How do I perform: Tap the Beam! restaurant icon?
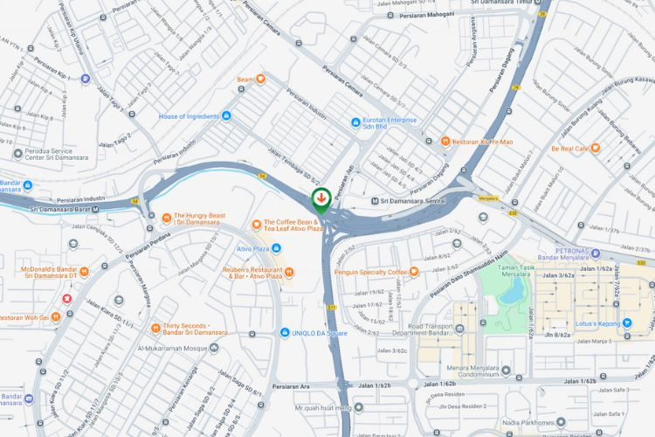260,80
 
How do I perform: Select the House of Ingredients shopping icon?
226,115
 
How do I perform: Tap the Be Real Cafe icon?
596,149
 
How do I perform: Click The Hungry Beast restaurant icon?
166,218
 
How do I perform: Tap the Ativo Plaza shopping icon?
276,248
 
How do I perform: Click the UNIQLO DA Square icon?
285,332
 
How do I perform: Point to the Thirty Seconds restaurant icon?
154,328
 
